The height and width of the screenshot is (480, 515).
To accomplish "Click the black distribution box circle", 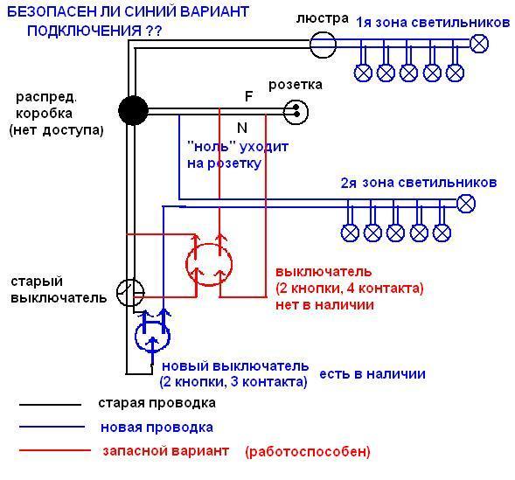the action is point(133,110).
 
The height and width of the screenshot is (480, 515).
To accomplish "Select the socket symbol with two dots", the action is point(296,112).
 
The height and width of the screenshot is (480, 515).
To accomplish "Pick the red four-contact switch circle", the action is point(186,265).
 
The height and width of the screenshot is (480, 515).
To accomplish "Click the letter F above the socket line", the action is point(248,96).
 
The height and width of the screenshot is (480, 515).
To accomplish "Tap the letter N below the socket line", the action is point(242,128).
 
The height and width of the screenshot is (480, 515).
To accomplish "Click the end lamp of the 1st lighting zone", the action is point(479,44).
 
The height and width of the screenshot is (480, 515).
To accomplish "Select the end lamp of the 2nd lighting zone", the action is point(466,204).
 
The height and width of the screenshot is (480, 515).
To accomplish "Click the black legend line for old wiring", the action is point(50,405).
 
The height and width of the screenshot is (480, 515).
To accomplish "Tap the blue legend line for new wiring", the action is point(52,427).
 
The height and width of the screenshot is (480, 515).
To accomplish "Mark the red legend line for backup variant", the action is point(55,450).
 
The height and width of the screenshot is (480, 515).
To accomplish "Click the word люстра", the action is point(323,18).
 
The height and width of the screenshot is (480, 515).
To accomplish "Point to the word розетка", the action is point(296,85).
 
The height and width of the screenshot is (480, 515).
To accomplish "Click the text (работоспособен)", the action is point(308,452).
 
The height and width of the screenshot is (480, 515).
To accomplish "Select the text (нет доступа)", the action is point(57,130).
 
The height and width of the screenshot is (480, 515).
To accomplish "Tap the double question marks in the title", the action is point(153,31).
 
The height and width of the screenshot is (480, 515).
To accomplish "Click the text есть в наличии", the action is point(372,374).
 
